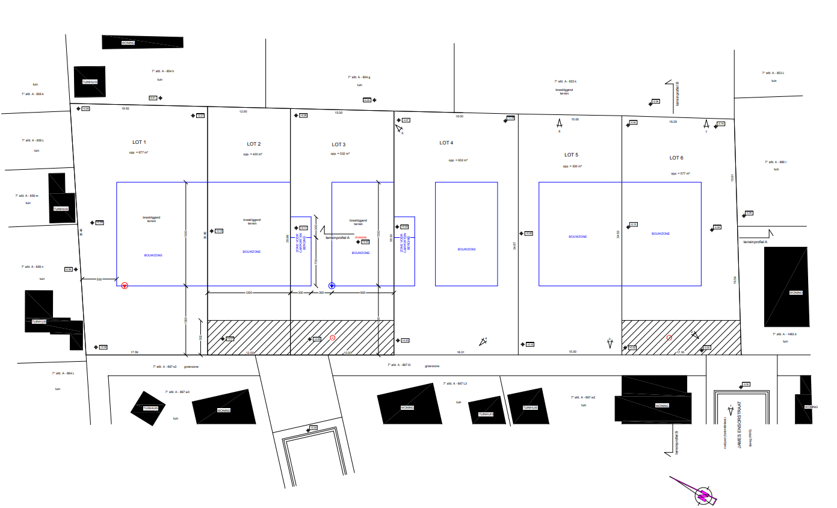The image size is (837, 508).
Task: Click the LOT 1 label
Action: pos(139,143)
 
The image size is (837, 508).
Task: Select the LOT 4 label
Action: pos(446,143)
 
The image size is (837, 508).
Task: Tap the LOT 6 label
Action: pos(676,158)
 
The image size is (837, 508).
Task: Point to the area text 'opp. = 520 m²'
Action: pos(571,166)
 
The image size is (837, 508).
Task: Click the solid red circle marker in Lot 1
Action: pos(125,286)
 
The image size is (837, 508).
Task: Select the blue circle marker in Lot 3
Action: pos(332,286)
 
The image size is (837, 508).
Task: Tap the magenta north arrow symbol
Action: pos(701,494)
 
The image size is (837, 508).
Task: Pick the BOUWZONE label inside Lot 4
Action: pos(466,249)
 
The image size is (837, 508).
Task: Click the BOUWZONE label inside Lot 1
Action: pos(153,255)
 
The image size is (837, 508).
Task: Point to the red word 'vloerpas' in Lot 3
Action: pos(360,237)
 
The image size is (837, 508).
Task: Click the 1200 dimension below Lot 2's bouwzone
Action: pos(249,293)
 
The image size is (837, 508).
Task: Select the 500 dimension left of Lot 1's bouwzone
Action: pos(99,279)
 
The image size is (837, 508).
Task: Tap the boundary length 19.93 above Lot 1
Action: pos(125,109)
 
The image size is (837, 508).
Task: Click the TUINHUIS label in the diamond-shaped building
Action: pos(150,408)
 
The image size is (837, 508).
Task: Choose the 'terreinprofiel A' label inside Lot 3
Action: pos(338,238)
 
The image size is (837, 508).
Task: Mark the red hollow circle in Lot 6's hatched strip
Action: pos(669,338)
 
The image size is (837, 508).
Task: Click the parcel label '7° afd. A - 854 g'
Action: pos(359,77)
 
